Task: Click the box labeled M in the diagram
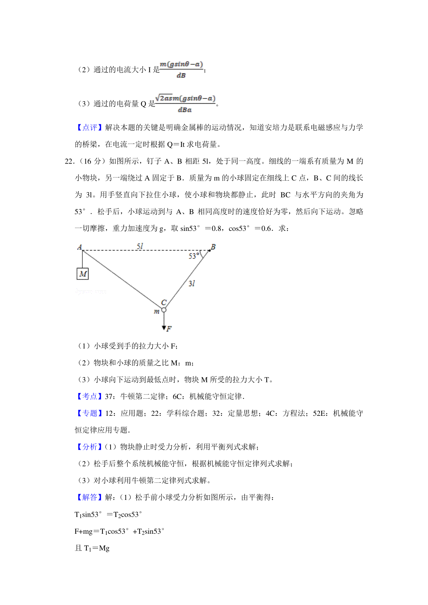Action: pyautogui.click(x=83, y=274)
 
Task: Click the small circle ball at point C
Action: pyautogui.click(x=164, y=310)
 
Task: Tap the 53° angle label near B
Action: pyautogui.click(x=194, y=256)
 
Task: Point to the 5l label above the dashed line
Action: pyautogui.click(x=140, y=246)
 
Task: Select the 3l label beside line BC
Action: pyautogui.click(x=192, y=283)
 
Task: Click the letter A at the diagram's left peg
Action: pyautogui.click(x=80, y=247)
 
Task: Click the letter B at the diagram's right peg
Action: pyautogui.click(x=213, y=247)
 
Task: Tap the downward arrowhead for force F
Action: pyautogui.click(x=164, y=327)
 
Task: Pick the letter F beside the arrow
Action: pyautogui.click(x=169, y=329)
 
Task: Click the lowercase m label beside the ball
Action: pyautogui.click(x=157, y=312)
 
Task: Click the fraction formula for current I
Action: pyautogui.click(x=181, y=69)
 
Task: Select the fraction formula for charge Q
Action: pyautogui.click(x=185, y=103)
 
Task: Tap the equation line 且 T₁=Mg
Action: pyautogui.click(x=92, y=548)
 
